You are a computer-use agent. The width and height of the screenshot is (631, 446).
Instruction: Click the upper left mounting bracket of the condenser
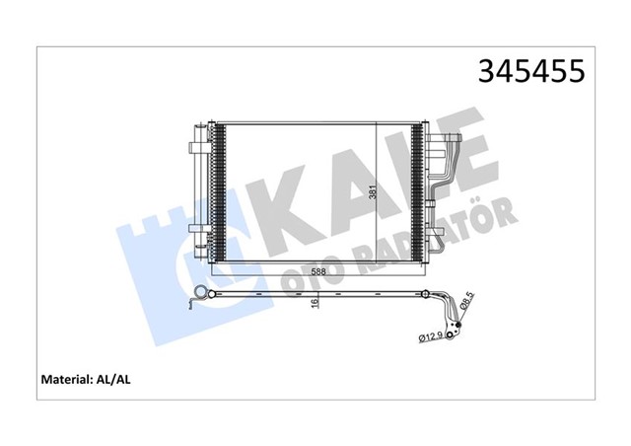click(x=194, y=145)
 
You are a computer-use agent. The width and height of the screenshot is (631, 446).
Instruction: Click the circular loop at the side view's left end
click(x=203, y=292)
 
